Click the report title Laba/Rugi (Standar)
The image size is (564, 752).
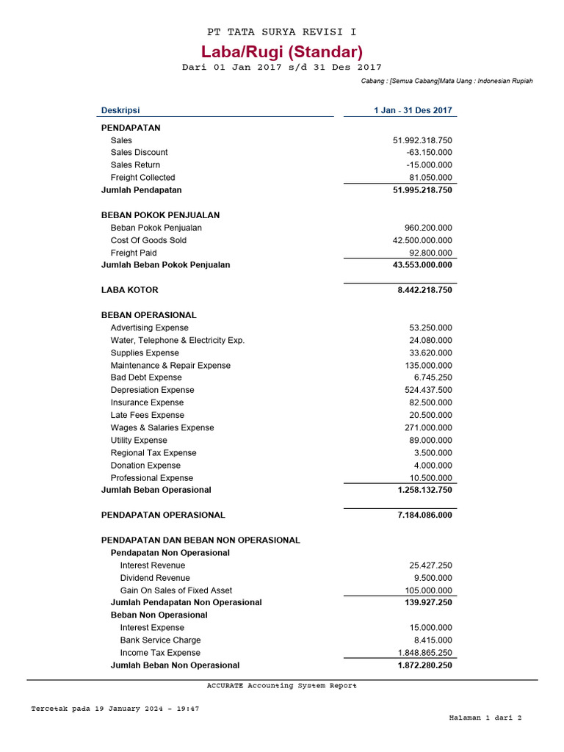282,51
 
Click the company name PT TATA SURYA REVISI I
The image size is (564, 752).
282,32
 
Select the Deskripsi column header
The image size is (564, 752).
120,111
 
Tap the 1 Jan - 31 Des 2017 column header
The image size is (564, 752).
413,111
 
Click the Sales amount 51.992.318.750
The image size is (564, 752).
422,140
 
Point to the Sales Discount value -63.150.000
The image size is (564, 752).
429,153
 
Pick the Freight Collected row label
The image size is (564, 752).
142,178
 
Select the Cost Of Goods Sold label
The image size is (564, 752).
148,241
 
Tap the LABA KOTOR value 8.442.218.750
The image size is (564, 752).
424,290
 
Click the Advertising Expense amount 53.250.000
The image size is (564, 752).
430,328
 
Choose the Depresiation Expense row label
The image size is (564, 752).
152,391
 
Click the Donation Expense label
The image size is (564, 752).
145,466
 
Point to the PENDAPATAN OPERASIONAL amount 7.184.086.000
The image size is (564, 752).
424,516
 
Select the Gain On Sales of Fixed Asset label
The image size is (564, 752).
176,591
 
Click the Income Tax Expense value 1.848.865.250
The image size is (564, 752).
424,654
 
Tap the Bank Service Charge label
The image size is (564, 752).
160,641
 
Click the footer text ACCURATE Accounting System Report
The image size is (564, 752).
282,686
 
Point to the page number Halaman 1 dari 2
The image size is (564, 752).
485,718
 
